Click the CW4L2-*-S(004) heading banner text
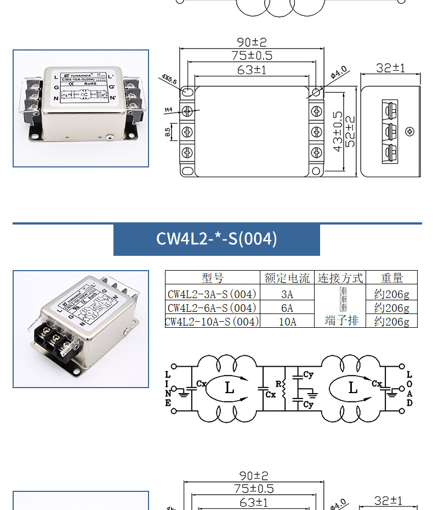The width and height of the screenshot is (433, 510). pos(216,239)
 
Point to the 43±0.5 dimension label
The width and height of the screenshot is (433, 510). pos(338,131)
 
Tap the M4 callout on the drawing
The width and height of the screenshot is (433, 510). pos(168,110)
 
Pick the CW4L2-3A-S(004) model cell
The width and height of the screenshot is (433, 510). pos(212,294)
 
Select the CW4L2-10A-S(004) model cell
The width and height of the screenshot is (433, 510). pos(212,321)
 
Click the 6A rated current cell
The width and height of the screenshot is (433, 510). pos(287,307)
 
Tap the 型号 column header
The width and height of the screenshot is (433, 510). pos(212,278)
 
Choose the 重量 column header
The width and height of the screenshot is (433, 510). pos(391,278)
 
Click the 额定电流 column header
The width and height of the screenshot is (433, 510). pos(287,278)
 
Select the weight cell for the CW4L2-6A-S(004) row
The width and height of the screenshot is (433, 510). pos(391,307)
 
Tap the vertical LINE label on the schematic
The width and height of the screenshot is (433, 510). pos(168,388)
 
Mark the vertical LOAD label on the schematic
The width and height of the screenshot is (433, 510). pos(409,388)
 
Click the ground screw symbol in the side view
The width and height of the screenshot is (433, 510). pos(409,131)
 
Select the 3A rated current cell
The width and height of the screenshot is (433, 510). pos(287,294)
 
